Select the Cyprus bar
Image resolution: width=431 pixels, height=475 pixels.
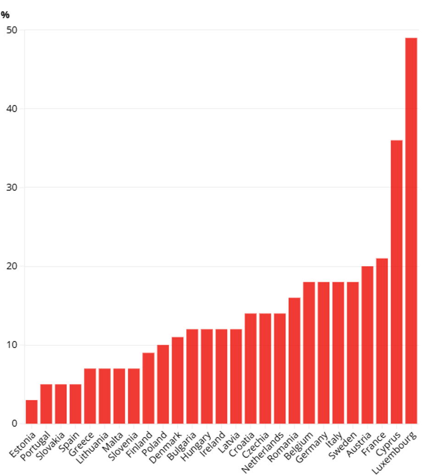click(x=397, y=282)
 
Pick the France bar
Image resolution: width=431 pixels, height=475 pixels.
click(x=382, y=341)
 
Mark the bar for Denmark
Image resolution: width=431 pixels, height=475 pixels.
click(x=177, y=380)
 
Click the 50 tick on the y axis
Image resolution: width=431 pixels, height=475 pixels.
click(x=12, y=30)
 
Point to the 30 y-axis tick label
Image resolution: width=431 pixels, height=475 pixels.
click(x=12, y=187)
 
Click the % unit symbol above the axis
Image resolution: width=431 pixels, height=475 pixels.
click(x=5, y=15)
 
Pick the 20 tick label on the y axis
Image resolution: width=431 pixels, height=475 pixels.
click(x=12, y=266)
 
